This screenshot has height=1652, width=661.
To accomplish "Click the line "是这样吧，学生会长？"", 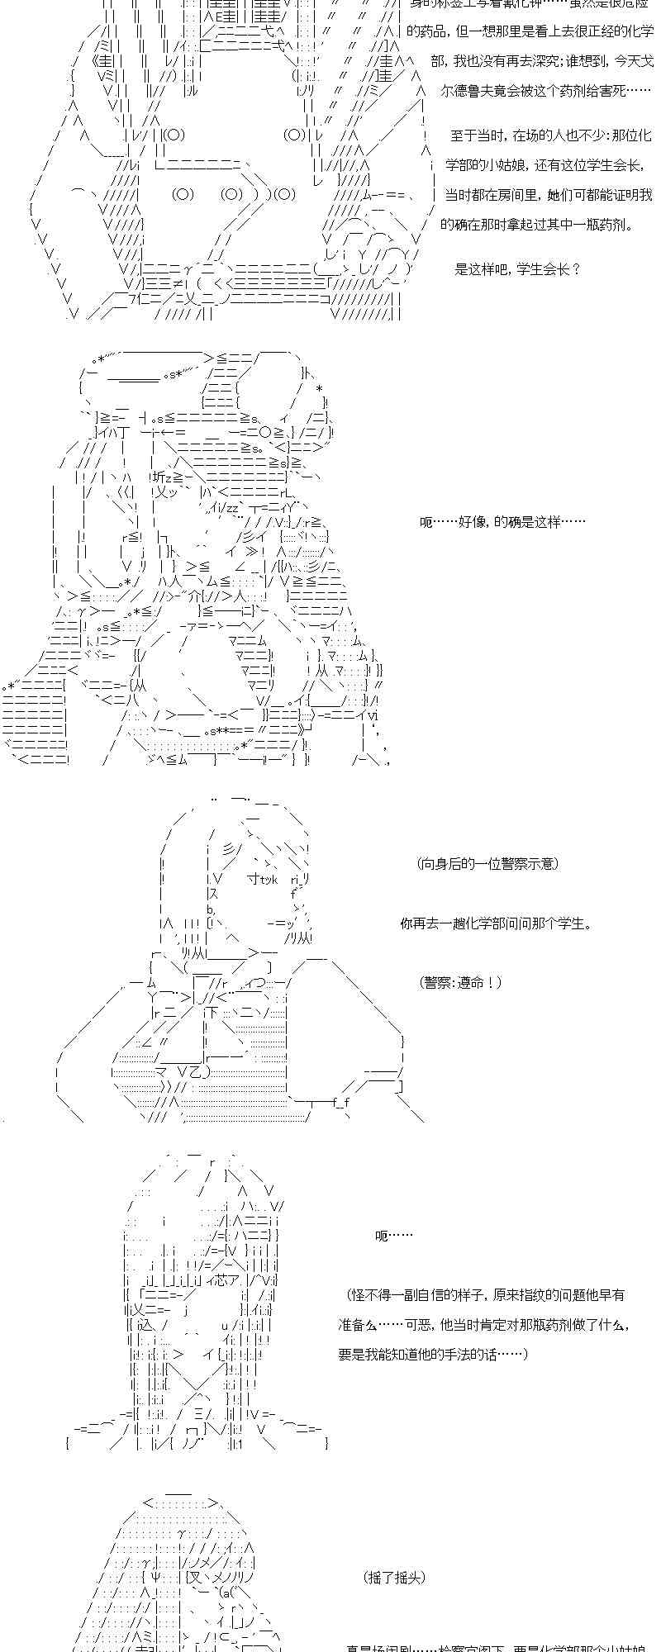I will [517, 268].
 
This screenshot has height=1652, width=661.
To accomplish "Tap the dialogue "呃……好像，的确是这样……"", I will [502, 522].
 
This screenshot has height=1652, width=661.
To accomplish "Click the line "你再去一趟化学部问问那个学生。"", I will [496, 923].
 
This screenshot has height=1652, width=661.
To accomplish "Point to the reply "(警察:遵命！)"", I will [460, 982].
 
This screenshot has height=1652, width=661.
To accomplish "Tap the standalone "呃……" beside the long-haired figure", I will [393, 1236].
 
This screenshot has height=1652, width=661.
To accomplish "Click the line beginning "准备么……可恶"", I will [484, 1324].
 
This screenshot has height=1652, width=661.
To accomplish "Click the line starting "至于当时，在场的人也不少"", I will [551, 135].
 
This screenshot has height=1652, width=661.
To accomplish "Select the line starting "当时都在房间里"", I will [549, 195].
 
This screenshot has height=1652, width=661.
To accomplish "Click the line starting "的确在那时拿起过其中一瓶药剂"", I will [536, 224].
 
